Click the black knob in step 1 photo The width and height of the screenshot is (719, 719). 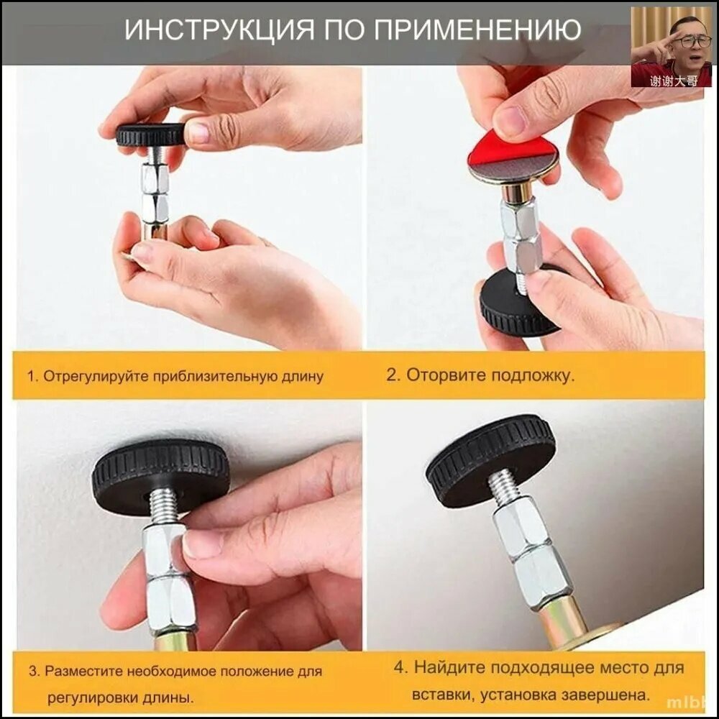tap(151, 135)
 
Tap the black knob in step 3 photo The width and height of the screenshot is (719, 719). tap(160, 477)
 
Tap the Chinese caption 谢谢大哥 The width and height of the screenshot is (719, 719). tap(673, 81)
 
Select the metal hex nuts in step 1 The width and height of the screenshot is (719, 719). tap(155, 193)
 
